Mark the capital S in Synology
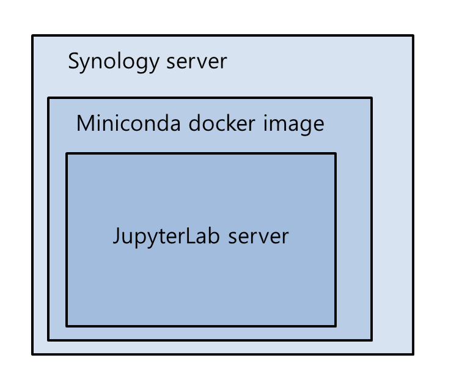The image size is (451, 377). (74, 62)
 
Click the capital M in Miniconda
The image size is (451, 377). (86, 123)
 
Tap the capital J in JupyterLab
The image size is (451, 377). (117, 236)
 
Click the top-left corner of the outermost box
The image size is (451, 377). (33, 36)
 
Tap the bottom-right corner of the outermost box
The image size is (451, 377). (413, 353)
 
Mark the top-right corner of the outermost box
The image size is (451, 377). (413, 36)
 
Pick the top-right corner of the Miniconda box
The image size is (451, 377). (371, 98)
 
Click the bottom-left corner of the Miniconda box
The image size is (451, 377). (49, 340)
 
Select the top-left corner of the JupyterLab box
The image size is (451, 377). (67, 153)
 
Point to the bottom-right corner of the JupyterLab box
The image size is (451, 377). (335, 326)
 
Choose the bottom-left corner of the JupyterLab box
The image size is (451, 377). (67, 326)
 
